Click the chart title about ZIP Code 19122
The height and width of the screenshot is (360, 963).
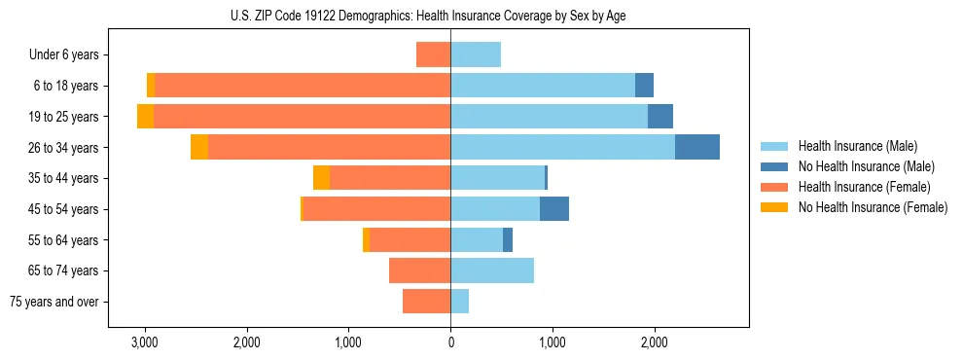450,16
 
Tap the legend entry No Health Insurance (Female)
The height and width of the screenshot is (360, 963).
872,207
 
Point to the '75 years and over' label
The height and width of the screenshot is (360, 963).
53,302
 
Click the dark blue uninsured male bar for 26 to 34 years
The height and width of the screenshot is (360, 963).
697,147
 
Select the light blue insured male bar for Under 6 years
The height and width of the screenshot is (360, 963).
476,54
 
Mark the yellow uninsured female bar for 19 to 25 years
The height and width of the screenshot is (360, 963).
145,117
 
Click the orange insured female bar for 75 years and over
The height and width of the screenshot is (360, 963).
427,302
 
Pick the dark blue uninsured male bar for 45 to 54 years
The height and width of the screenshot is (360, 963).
554,209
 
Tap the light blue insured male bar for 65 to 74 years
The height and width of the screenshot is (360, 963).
492,270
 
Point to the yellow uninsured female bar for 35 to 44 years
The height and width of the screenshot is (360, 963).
321,178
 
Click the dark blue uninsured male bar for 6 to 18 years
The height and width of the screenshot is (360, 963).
644,86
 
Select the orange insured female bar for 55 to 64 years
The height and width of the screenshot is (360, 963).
410,240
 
